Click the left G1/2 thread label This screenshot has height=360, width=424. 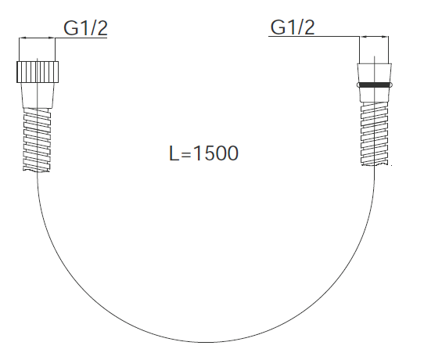coord(85,28)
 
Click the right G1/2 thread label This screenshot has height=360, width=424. coord(293,27)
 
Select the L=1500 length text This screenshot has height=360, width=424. coord(203,153)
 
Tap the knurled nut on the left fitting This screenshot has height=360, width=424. coord(38,72)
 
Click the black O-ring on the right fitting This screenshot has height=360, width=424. coord(375,85)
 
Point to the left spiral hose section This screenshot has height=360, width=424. coord(37,139)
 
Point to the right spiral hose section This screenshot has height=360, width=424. coord(375,134)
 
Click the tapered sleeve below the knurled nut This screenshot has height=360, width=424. coord(38,95)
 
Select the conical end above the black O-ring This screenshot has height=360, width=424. coord(375,73)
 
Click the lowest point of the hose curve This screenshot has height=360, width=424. coord(206,342)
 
